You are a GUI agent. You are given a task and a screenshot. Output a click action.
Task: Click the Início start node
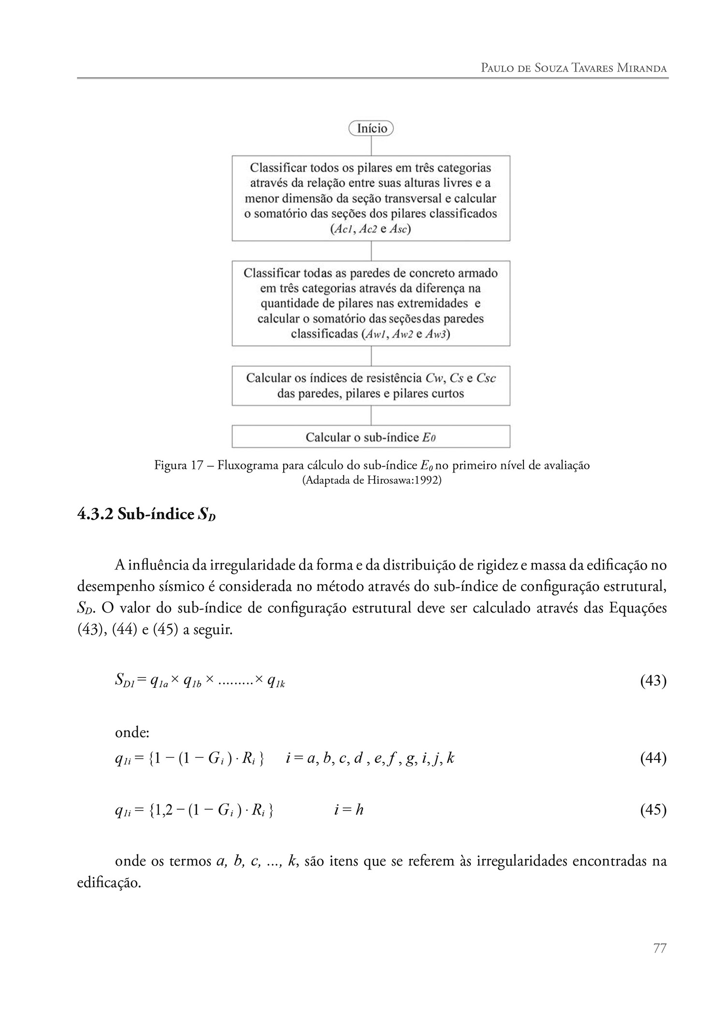(371, 129)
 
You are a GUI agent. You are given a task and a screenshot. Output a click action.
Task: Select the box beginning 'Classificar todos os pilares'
(371, 198)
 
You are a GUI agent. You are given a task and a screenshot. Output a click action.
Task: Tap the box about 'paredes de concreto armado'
(371, 303)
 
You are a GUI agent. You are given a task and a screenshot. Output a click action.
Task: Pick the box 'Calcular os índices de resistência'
(371, 386)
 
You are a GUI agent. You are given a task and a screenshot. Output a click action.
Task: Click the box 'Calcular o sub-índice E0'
(371, 437)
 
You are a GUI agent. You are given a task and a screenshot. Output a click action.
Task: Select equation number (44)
(653, 758)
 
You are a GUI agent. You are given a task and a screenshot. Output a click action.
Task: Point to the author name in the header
(574, 68)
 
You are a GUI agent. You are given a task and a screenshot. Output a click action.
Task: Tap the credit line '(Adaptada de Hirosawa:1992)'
(372, 481)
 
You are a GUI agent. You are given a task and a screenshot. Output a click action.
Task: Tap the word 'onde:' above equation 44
(132, 732)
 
